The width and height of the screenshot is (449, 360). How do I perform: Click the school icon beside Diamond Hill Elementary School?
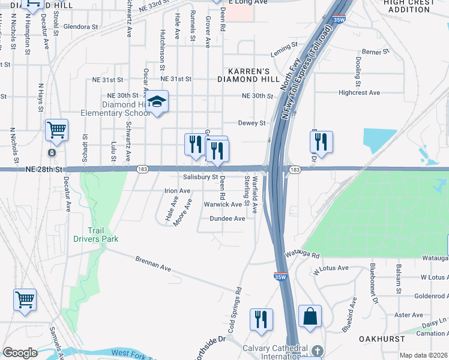pos(157,103)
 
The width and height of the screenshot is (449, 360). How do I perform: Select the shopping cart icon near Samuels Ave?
pos(25,299)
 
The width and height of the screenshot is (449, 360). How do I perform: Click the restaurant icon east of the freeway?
pos(321,142)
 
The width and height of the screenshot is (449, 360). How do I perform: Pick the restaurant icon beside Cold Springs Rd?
pos(261,319)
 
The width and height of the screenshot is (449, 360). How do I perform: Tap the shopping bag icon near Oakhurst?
pos(310,316)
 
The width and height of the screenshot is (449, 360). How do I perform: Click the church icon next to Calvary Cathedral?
pos(317,350)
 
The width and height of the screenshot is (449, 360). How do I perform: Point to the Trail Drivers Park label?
pos(95,235)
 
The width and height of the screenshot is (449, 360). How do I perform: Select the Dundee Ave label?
pos(227,219)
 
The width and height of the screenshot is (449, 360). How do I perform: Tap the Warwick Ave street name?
pos(222,205)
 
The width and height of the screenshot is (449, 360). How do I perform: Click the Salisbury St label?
pos(200,178)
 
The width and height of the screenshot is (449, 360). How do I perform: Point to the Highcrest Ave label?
pos(359,93)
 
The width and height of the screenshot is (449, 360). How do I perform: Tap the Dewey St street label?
pos(252,123)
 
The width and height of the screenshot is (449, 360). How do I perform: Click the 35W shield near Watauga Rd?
pos(280,277)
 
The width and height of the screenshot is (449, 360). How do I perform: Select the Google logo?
pos(20,353)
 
